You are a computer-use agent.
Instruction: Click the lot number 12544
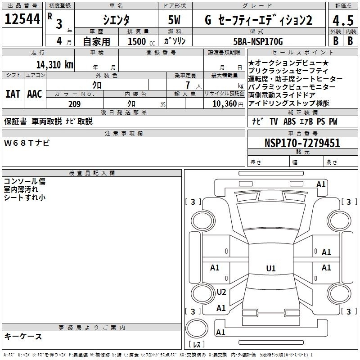coord(22,19)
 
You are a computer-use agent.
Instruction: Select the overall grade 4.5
coord(343,20)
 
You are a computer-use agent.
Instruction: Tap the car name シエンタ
coord(116,20)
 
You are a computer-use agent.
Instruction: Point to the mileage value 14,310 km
coord(55,65)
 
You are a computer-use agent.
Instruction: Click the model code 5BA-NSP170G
coord(258,41)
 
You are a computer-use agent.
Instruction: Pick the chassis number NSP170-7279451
coord(302,143)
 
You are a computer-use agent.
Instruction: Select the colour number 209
coord(75,104)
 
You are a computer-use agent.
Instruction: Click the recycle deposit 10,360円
coord(228,104)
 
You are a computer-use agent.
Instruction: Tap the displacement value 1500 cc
coord(141,41)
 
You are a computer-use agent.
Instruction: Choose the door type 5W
coord(174,20)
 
